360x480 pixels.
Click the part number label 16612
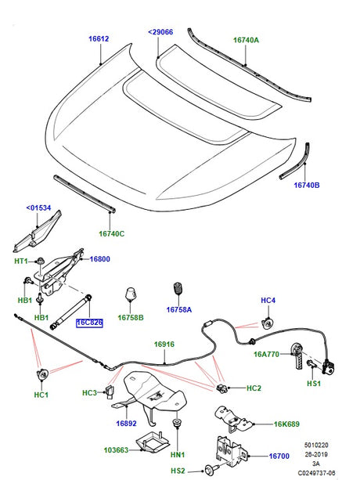(x=99, y=38)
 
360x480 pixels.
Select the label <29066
(x=161, y=32)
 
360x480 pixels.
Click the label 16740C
(x=111, y=233)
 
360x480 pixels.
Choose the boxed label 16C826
(x=89, y=321)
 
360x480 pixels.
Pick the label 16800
(x=99, y=259)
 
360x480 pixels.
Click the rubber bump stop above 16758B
(x=131, y=296)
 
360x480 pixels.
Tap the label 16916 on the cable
(x=164, y=344)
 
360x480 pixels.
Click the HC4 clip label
(x=268, y=300)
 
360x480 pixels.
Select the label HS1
(x=314, y=384)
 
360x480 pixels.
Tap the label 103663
(x=119, y=450)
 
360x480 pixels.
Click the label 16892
(x=127, y=423)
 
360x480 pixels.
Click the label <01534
(x=38, y=208)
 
